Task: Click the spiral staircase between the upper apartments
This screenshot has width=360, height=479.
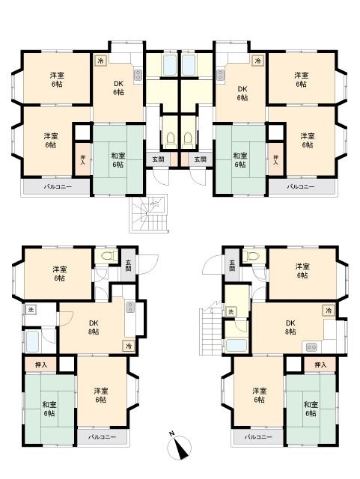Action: click(148, 214)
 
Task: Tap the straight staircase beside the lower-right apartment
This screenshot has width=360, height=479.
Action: click(211, 331)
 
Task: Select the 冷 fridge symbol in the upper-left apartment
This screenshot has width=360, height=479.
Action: click(100, 61)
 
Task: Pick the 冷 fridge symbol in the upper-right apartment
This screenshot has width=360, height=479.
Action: click(258, 61)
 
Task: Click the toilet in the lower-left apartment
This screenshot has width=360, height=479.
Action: click(109, 256)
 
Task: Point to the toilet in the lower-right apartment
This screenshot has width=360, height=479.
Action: click(251, 256)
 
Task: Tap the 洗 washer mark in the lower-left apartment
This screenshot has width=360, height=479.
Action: click(31, 310)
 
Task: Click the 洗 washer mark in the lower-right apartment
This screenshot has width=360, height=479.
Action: click(231, 311)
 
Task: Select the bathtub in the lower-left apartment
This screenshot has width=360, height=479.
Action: click(32, 341)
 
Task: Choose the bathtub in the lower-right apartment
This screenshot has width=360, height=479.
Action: click(237, 346)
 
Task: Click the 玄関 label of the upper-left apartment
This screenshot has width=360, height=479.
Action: click(159, 159)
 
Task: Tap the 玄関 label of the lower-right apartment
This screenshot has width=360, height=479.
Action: click(232, 265)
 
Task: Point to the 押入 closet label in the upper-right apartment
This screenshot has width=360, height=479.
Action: click(275, 159)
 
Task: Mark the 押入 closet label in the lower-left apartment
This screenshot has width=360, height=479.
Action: click(41, 364)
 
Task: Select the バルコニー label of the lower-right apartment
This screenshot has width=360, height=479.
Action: click(258, 437)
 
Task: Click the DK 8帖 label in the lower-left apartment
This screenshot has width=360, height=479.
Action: click(94, 327)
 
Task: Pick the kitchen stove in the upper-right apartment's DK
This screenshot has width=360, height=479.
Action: click(220, 75)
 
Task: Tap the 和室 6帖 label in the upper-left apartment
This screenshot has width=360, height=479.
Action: click(118, 160)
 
